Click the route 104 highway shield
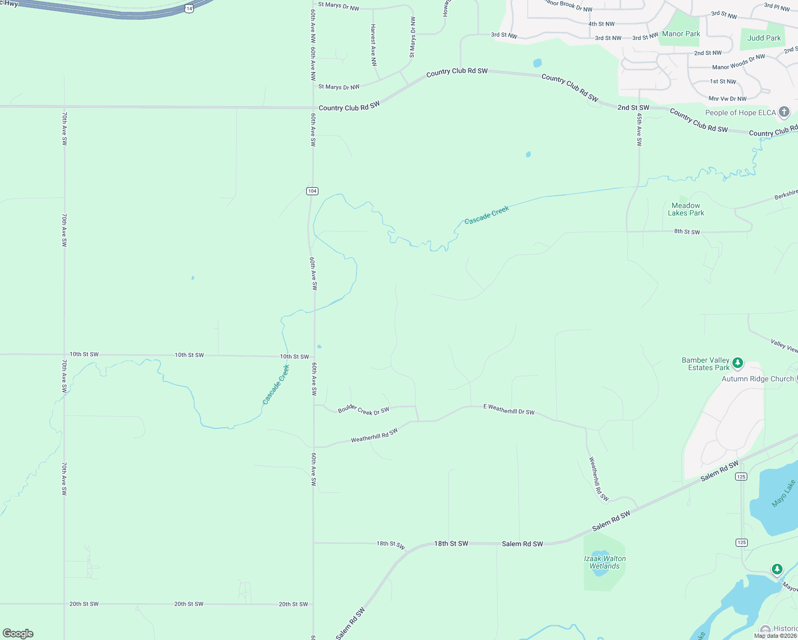[x=313, y=191]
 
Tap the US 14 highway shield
[x=189, y=9]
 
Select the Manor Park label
[x=681, y=34]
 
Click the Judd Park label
[x=764, y=38]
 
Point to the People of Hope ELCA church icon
[x=784, y=112]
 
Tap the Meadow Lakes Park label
[x=686, y=209]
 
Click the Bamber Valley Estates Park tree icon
[x=738, y=363]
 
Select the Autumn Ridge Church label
[x=757, y=379]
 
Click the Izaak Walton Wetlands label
[x=605, y=562]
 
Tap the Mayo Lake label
[x=783, y=493]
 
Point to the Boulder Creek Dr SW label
[x=363, y=410]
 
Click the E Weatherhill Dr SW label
[x=509, y=409]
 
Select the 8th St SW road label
[x=687, y=231]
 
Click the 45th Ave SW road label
[x=639, y=130]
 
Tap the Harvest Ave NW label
[x=373, y=45]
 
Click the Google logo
[x=18, y=634]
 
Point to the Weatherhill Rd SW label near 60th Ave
[x=374, y=436]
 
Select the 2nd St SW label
[x=633, y=108]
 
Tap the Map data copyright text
[x=775, y=636]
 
